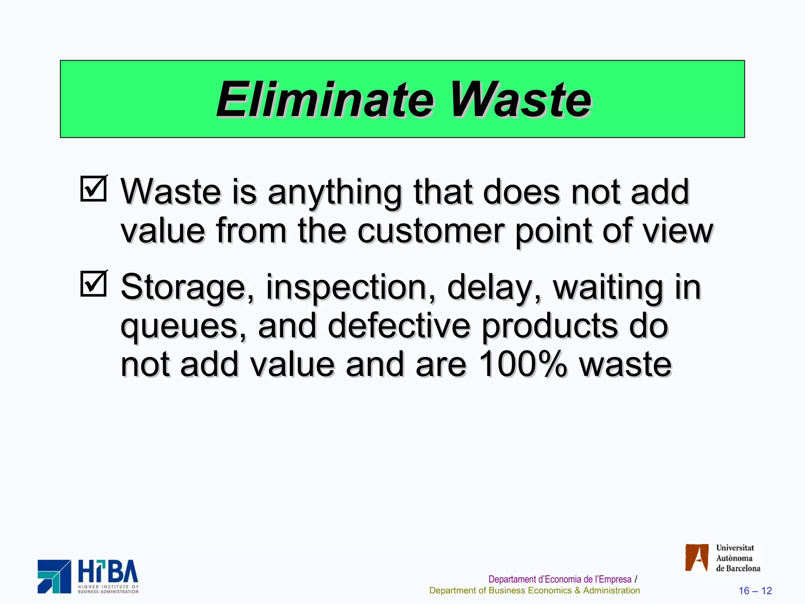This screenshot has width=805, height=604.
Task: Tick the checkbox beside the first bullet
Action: coord(93,189)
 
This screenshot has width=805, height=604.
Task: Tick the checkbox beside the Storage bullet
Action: coord(93,284)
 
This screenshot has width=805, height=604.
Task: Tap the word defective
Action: coord(399,326)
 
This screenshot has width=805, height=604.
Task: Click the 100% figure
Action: coord(523,365)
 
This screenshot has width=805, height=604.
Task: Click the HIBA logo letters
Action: coord(108,572)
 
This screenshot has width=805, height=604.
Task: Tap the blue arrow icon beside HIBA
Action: coord(54,576)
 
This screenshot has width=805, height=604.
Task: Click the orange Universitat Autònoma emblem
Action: coord(697,558)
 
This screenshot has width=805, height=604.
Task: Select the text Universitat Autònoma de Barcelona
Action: coord(737,558)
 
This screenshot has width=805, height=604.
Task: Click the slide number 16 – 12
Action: coord(755,591)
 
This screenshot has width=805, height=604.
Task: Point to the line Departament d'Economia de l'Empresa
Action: coord(560,579)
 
